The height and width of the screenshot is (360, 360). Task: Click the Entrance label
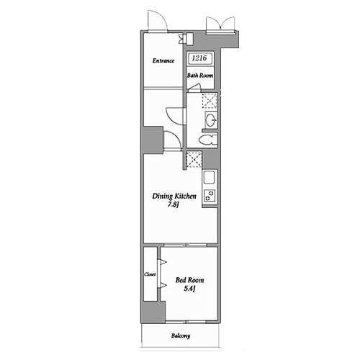tap(163, 60)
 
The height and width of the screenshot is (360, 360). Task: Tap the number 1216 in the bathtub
tap(199, 58)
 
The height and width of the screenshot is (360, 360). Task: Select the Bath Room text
tap(200, 76)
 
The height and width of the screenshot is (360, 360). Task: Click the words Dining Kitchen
tap(174, 196)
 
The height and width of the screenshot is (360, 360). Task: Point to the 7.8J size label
tap(174, 204)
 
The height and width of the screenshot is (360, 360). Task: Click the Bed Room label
tap(189, 280)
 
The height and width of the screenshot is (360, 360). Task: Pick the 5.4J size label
tap(189, 289)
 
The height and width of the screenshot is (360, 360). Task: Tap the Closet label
tap(150, 274)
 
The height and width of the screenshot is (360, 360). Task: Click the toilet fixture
tap(208, 140)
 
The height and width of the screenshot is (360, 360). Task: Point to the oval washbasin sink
tap(211, 120)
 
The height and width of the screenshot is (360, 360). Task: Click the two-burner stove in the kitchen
tap(210, 196)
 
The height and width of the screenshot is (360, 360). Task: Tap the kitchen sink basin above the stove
tap(209, 178)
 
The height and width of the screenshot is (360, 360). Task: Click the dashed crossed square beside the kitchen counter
tap(194, 160)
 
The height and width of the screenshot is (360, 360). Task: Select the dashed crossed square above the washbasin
tap(210, 101)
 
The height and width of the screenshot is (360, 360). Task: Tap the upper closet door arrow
tap(163, 262)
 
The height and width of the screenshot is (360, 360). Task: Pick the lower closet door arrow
tap(163, 285)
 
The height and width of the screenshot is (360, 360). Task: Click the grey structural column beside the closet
tap(154, 312)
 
